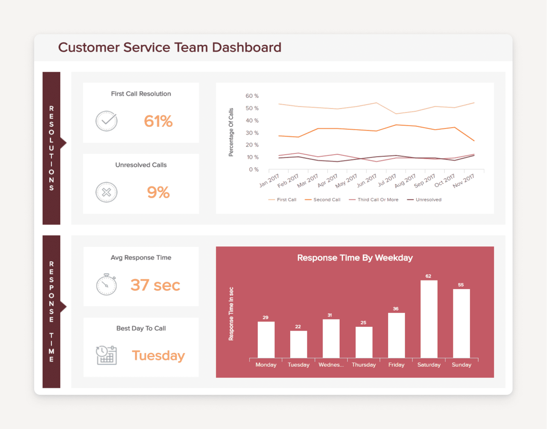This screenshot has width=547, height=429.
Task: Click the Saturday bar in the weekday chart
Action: click(429, 319)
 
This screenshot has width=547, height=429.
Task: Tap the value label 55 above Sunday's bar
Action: click(461, 285)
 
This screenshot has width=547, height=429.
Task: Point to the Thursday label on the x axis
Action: click(364, 365)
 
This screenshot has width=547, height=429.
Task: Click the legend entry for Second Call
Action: click(323, 200)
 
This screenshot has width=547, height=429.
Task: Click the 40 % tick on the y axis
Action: click(252, 120)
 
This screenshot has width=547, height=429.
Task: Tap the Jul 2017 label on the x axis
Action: click(387, 180)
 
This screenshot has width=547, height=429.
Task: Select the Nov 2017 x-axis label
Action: click(464, 181)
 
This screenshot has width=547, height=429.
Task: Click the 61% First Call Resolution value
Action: click(158, 121)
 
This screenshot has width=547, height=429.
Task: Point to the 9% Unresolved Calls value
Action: click(158, 192)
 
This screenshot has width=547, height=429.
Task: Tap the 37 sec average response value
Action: click(155, 285)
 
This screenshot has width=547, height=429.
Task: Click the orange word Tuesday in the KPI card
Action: click(158, 356)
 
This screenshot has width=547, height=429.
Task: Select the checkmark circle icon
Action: click(106, 121)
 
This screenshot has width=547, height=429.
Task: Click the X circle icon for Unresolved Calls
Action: click(106, 192)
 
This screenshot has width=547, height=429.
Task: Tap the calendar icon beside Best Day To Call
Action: click(106, 355)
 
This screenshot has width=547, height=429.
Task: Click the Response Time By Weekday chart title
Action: click(355, 258)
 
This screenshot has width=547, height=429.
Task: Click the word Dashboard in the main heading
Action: click(247, 47)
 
